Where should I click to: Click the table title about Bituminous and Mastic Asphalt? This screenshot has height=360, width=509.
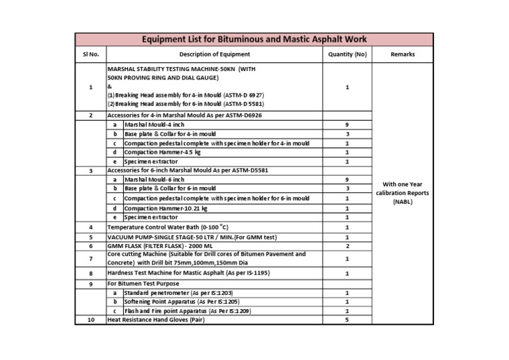click(x=254, y=40)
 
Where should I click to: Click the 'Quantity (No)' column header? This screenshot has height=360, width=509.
click(x=347, y=54)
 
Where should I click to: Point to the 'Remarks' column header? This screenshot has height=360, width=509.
click(x=403, y=54)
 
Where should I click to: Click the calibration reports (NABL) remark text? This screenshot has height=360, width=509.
click(x=403, y=193)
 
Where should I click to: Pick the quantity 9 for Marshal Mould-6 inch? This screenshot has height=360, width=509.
click(x=347, y=179)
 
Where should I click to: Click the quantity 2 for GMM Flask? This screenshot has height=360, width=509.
click(x=347, y=245)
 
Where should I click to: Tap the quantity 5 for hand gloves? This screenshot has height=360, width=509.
click(x=347, y=320)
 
